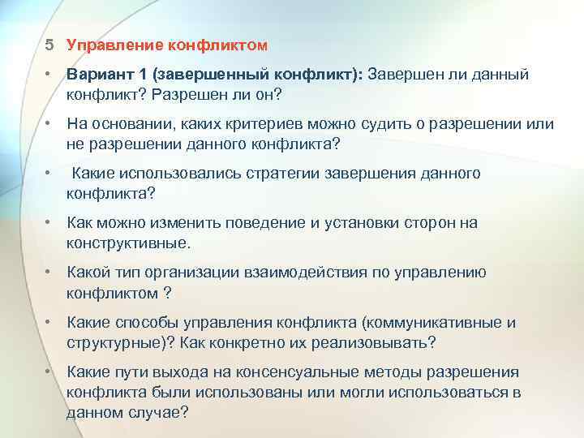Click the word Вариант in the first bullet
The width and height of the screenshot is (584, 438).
(x=98, y=75)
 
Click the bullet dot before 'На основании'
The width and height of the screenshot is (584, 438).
(x=49, y=125)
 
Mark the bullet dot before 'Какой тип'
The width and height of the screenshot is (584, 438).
(x=49, y=273)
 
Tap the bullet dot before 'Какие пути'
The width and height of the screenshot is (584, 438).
(x=49, y=372)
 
